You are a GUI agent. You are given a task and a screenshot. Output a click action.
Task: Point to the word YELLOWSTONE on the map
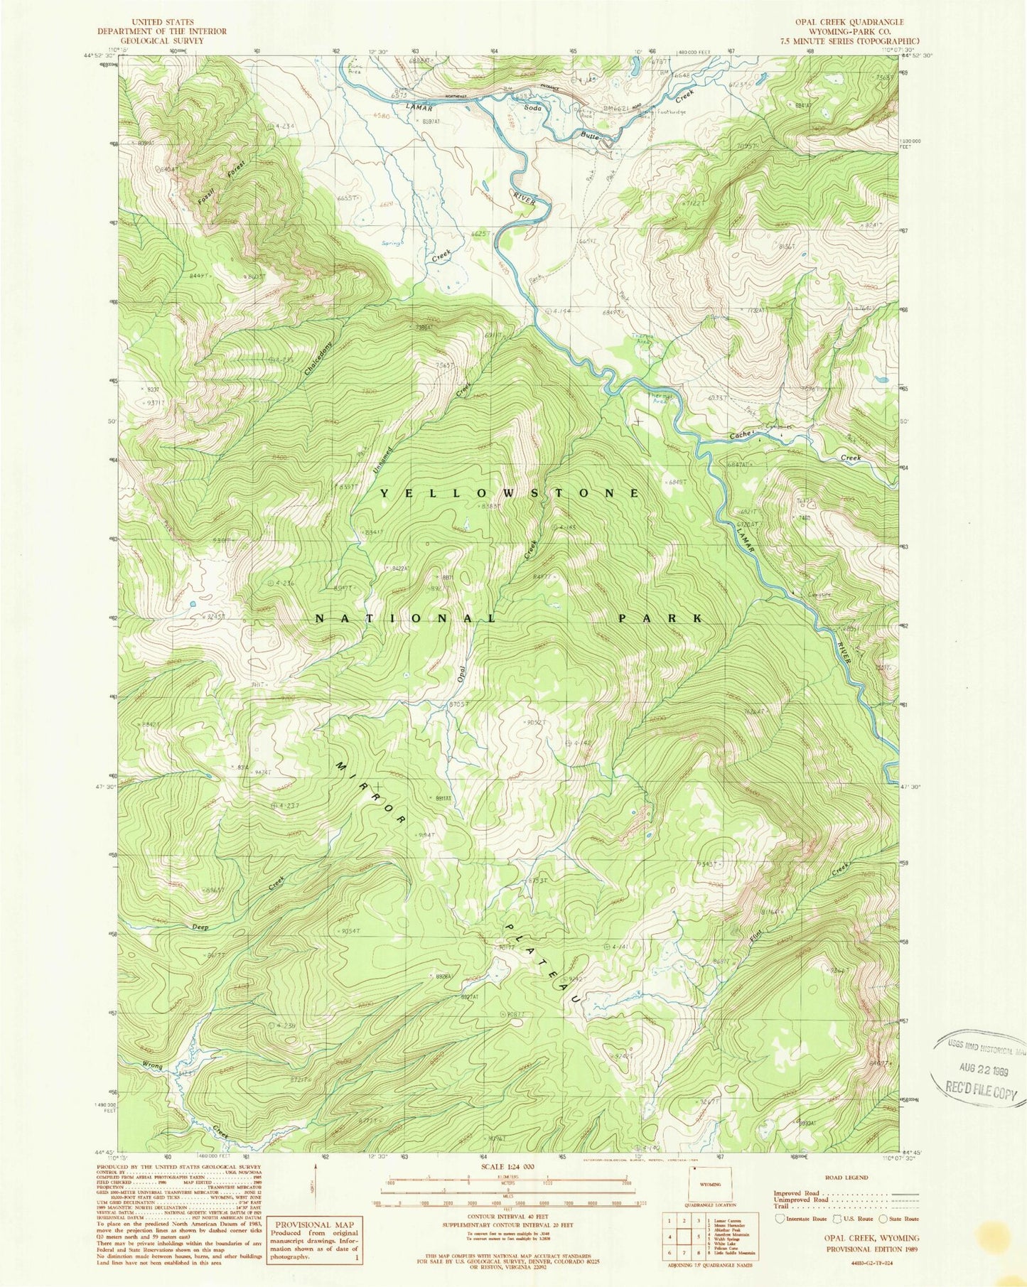click(x=509, y=492)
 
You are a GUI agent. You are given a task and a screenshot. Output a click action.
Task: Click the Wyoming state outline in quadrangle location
click(x=705, y=1184)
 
